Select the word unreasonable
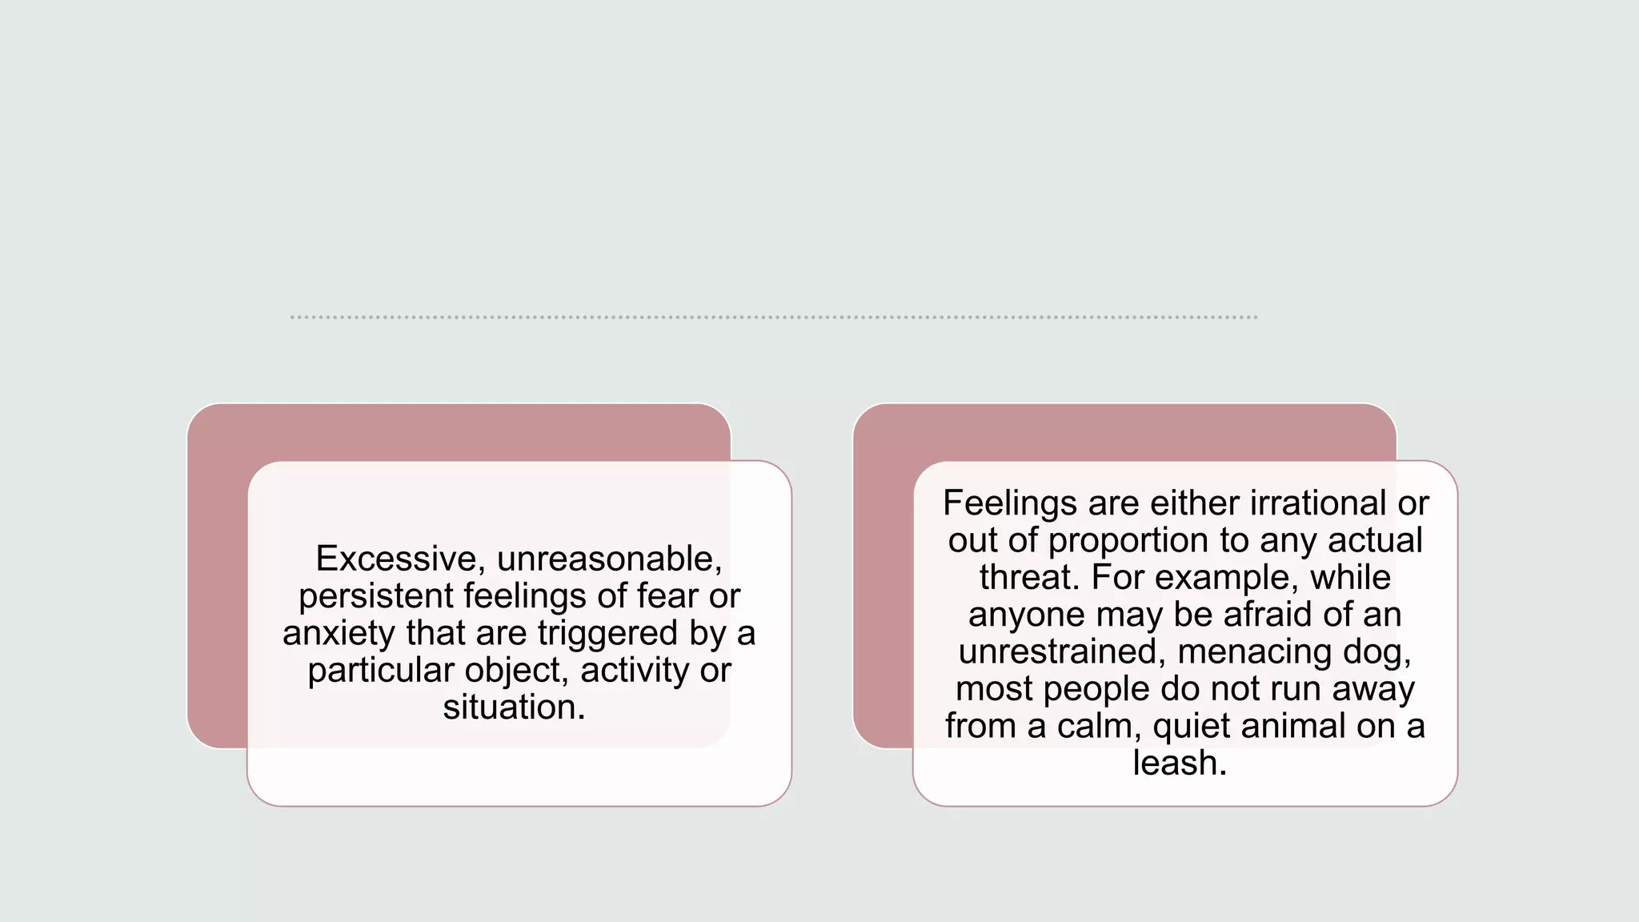(x=609, y=559)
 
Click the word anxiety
(x=339, y=633)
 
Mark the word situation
(x=514, y=708)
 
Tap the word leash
(x=1179, y=763)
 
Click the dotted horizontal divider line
(x=773, y=318)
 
